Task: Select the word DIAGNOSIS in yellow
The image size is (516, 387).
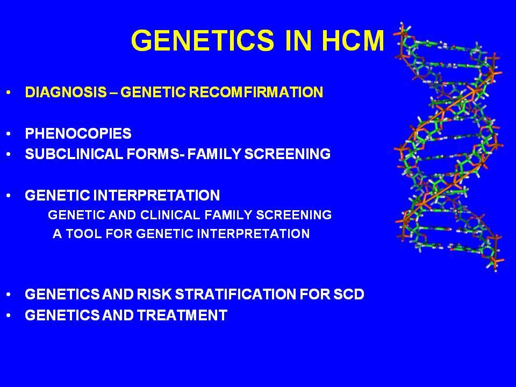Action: click(x=66, y=92)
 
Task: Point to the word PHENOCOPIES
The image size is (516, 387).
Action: click(x=78, y=134)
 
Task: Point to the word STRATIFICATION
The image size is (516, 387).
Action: click(x=235, y=294)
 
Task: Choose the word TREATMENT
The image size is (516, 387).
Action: click(x=182, y=316)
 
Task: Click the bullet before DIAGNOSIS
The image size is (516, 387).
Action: click(x=9, y=92)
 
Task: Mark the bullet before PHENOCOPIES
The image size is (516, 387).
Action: click(x=9, y=134)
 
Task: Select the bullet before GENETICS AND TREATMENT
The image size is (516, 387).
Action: click(x=9, y=316)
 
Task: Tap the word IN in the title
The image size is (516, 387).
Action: click(x=298, y=40)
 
